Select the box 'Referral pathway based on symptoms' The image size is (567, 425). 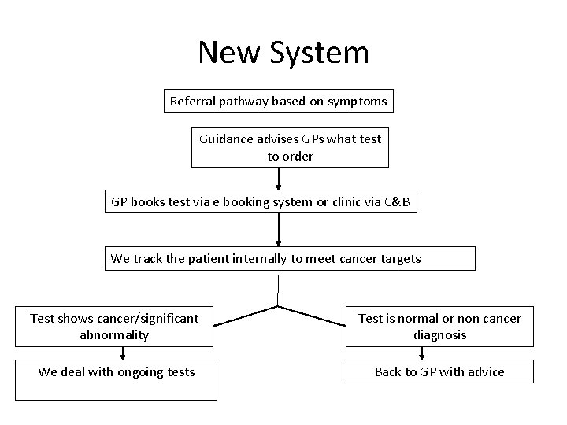[279, 102]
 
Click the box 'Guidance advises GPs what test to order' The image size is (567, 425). [290, 147]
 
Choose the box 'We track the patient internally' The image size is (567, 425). [290, 258]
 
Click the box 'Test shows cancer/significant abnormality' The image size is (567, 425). [114, 327]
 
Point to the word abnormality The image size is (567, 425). [114, 335]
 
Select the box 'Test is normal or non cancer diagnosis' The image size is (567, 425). [439, 327]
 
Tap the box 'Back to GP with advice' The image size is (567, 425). [439, 372]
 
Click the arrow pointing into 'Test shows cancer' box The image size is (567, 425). [244, 316]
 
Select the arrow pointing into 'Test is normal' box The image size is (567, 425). [312, 316]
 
